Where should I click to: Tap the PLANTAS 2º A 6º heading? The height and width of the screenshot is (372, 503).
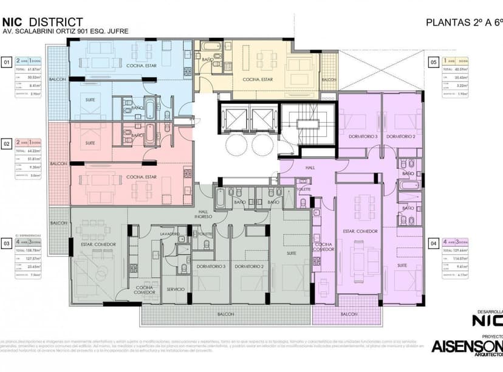[464, 22]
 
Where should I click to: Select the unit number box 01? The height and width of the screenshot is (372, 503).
[7, 62]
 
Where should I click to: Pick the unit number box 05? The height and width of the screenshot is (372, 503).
[434, 62]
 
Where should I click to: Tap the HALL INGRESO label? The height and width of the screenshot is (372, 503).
[202, 214]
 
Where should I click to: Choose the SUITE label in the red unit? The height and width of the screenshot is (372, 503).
[91, 143]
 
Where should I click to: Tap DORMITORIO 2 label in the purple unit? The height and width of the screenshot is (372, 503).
[400, 136]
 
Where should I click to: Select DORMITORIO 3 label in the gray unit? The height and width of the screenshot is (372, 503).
[211, 267]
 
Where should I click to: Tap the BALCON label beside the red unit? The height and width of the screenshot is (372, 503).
[58, 164]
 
